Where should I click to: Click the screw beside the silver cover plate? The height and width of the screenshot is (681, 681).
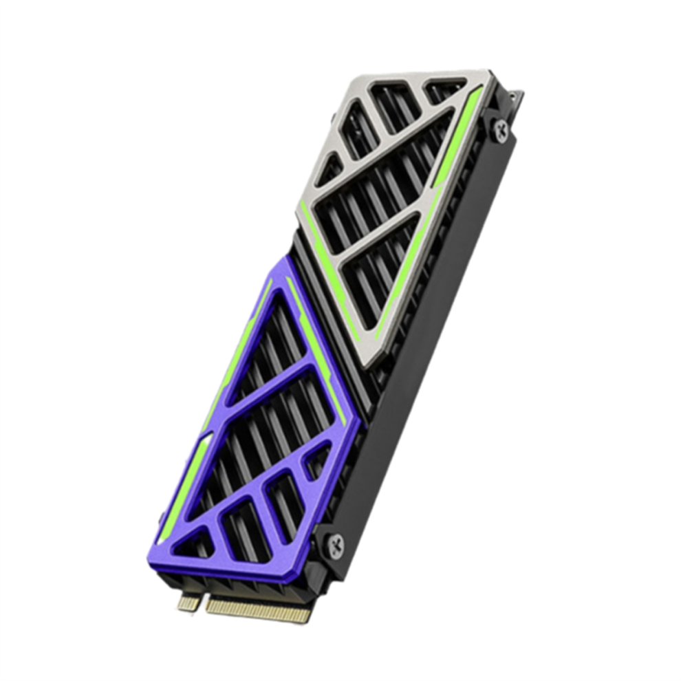[501, 129]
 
